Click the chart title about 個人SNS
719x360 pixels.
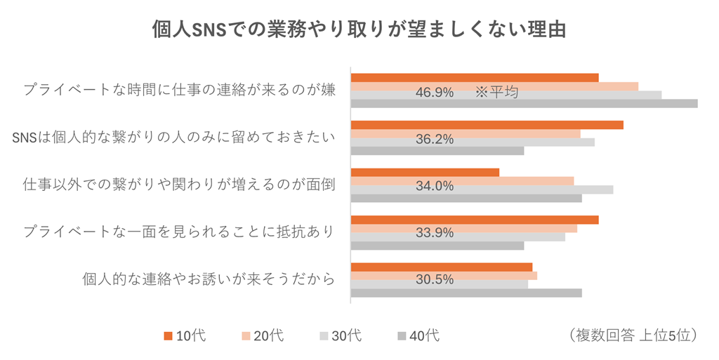pyautogui.click(x=359, y=30)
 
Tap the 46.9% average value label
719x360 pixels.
pyautogui.click(x=434, y=92)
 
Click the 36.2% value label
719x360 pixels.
pyautogui.click(x=434, y=139)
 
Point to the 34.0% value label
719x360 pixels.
pyautogui.click(x=434, y=186)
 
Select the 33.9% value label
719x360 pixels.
pyautogui.click(x=434, y=232)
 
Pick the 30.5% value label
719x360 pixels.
pyautogui.click(x=434, y=279)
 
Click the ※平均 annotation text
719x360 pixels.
pyautogui.click(x=496, y=92)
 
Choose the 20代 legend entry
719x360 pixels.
pyautogui.click(x=263, y=336)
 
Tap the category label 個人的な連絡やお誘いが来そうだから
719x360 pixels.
pyautogui.click(x=208, y=279)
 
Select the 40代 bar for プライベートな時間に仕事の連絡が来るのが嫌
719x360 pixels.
pyautogui.click(x=524, y=104)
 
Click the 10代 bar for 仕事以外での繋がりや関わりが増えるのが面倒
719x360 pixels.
pyautogui.click(x=425, y=172)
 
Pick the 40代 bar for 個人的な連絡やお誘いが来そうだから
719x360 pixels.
pyautogui.click(x=466, y=293)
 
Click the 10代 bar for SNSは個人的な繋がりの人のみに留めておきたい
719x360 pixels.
pyautogui.click(x=487, y=125)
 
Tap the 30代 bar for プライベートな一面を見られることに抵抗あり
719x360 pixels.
pyautogui.click(x=458, y=237)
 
